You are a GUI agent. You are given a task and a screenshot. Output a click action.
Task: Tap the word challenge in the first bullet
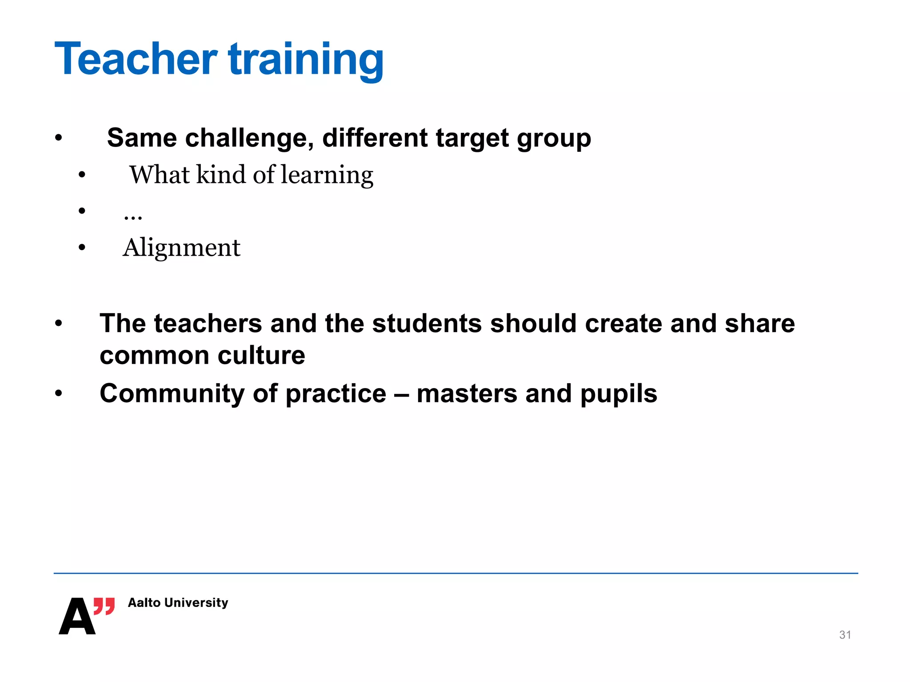tap(246, 138)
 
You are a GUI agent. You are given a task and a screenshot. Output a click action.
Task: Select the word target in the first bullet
tap(472, 138)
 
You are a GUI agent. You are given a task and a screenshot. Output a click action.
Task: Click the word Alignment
tap(181, 248)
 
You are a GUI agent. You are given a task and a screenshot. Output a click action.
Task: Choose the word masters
tap(467, 394)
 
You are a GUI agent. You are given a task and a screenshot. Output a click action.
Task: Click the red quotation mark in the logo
tap(104, 606)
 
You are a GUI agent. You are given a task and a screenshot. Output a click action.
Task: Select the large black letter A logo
tap(77, 617)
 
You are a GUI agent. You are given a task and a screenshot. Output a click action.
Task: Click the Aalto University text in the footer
tap(178, 603)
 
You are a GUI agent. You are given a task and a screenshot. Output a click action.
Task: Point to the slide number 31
tap(845, 635)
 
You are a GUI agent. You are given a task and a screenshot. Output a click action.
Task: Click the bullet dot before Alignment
tap(82, 248)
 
